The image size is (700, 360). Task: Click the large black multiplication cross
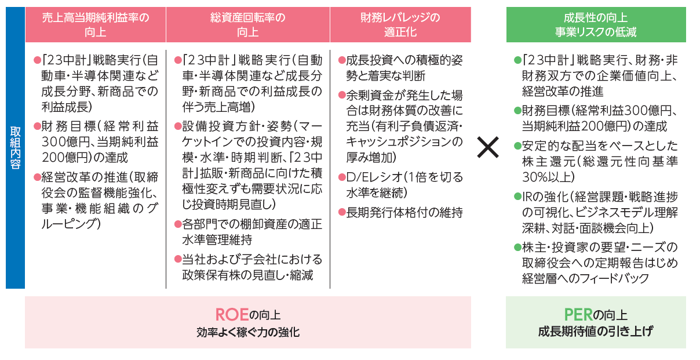tap(488, 147)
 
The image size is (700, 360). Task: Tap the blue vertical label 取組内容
tap(15, 148)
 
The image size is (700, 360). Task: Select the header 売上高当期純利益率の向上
tap(96, 25)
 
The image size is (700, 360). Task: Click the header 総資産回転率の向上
tap(248, 25)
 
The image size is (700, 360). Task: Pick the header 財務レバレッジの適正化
tap(400, 25)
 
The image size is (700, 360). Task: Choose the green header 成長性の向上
tap(596, 17)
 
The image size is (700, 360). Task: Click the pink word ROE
tap(232, 315)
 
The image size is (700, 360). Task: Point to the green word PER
tap(578, 315)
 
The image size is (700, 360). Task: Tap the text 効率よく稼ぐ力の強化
tap(248, 332)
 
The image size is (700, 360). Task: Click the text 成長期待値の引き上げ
tap(596, 331)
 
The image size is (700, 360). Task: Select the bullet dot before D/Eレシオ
tap(342, 177)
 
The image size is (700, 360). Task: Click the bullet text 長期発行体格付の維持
tap(404, 213)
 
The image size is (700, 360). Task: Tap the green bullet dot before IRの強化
tap(517, 197)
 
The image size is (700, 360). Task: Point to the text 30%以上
tap(548, 177)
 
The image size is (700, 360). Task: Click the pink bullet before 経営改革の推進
tap(38, 177)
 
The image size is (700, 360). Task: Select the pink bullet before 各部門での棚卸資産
tap(178, 224)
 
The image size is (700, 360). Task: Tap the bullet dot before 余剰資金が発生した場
tap(342, 95)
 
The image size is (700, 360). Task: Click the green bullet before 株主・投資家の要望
tap(517, 247)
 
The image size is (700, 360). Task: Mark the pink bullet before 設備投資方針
tap(178, 126)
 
